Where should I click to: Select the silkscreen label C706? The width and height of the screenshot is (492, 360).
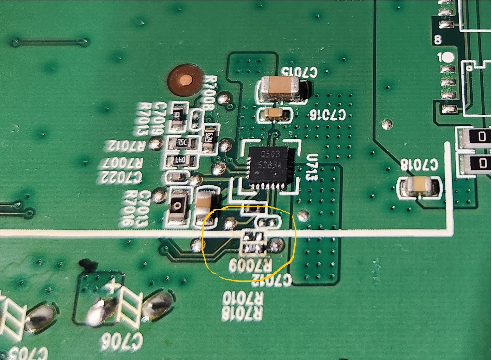122,342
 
